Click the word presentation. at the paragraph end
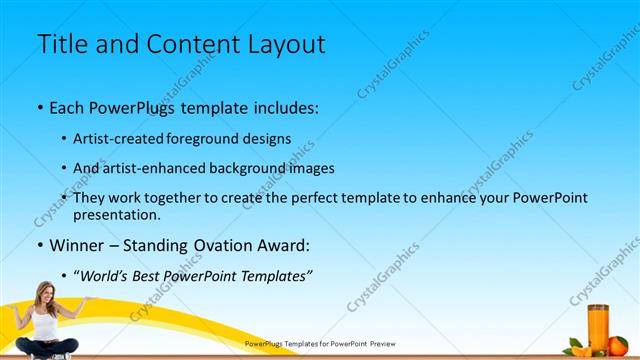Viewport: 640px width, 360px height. pyautogui.click(x=117, y=214)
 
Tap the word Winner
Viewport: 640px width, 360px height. pyautogui.click(x=79, y=245)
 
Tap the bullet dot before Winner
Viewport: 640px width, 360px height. pyautogui.click(x=39, y=245)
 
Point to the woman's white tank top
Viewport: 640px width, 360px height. pyautogui.click(x=44, y=323)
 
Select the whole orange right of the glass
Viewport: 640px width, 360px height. pyautogui.click(x=618, y=345)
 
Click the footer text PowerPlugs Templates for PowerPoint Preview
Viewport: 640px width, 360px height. pyautogui.click(x=320, y=343)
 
